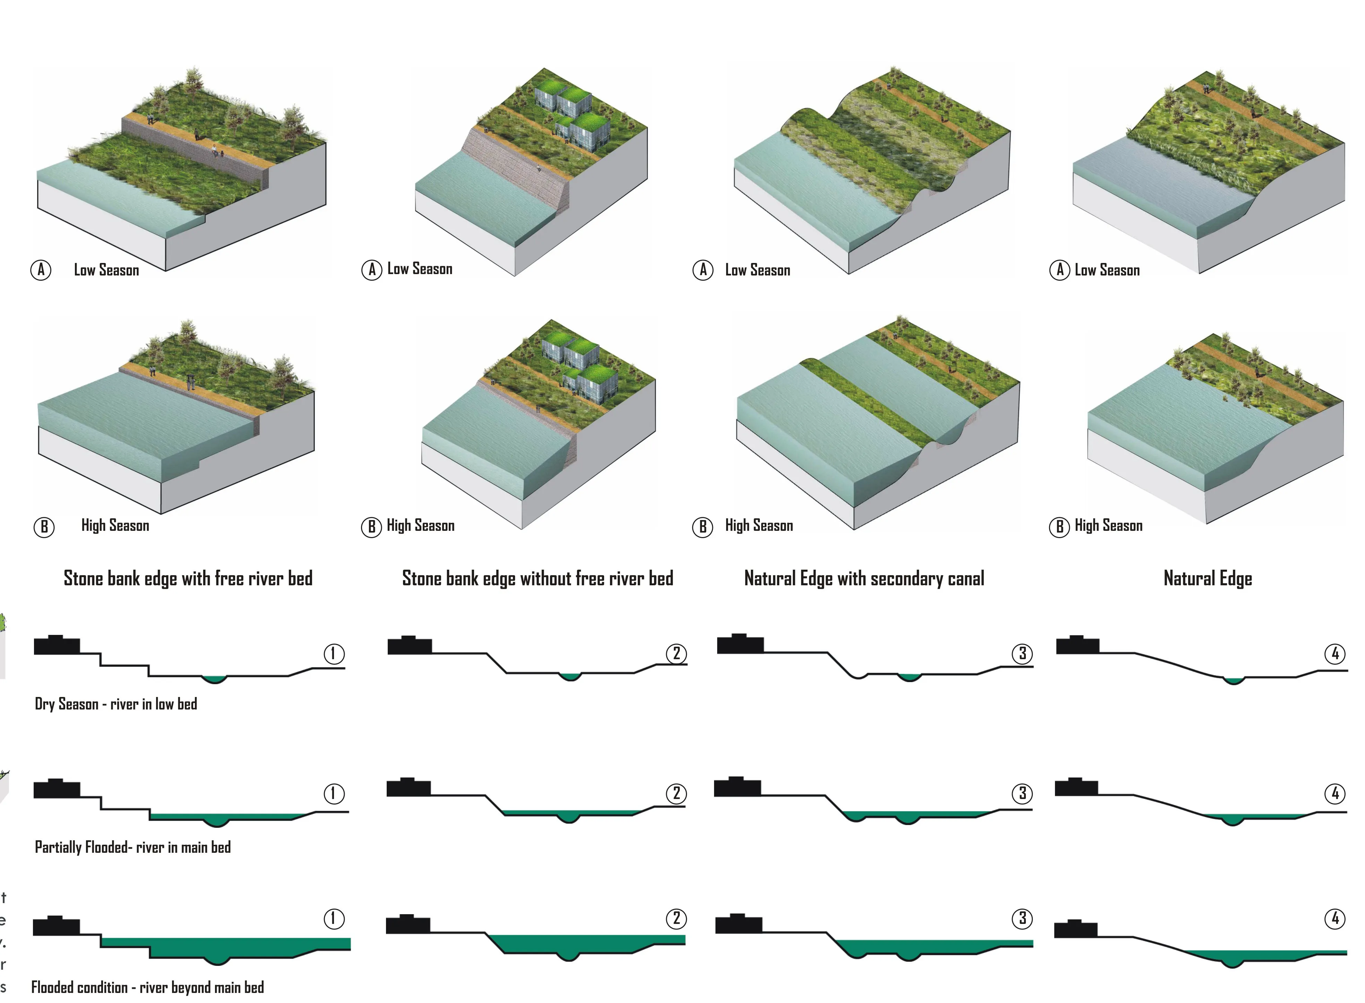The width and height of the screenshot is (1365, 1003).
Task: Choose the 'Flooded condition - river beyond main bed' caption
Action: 147,988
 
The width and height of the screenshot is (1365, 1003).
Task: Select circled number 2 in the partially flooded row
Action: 677,793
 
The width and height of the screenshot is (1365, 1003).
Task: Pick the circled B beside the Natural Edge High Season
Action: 1059,526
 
